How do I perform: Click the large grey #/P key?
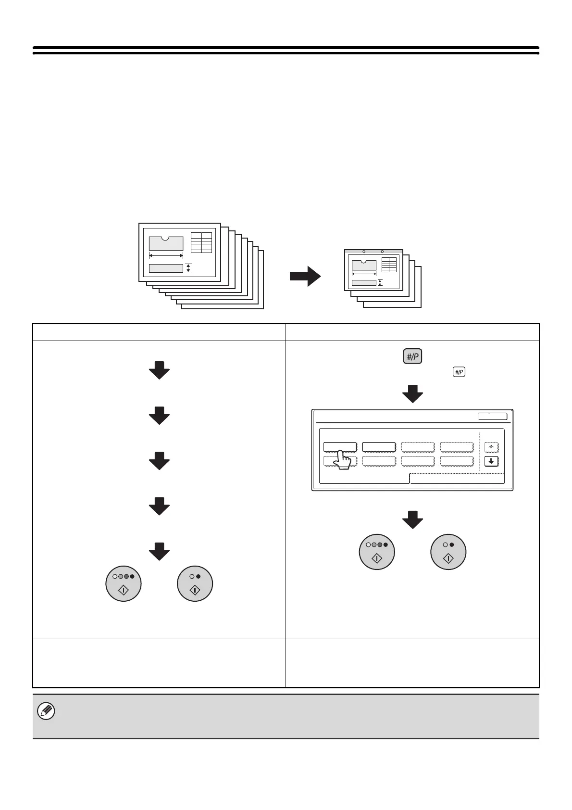[412, 357]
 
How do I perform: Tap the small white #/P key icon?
[459, 372]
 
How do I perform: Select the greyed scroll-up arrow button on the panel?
[491, 447]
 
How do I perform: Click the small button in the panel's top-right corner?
[492, 417]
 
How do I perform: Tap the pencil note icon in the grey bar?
[47, 711]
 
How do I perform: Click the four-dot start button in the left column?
[124, 583]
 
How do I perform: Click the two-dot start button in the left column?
[195, 583]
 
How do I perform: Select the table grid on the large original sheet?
[201, 242]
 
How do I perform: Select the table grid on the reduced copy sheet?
[389, 265]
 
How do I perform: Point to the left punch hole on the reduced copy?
[364, 251]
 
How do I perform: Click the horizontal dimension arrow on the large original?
[166, 255]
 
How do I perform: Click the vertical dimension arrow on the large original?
[188, 268]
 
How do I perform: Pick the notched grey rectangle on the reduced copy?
[364, 265]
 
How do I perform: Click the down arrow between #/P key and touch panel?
[412, 393]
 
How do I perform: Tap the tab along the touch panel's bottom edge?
[457, 478]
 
